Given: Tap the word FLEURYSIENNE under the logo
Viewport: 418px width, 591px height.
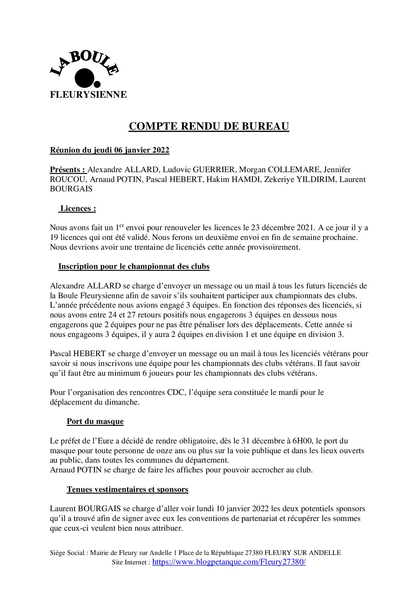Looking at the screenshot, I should pyautogui.click(x=88, y=95).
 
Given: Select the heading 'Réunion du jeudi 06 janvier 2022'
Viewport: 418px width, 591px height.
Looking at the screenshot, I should pyautogui.click(x=110, y=150).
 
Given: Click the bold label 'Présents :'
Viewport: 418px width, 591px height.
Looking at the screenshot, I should pyautogui.click(x=67, y=169).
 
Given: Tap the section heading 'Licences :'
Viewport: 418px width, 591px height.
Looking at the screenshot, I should pyautogui.click(x=78, y=209).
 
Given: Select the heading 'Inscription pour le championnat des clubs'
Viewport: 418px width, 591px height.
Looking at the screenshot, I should pyautogui.click(x=134, y=267).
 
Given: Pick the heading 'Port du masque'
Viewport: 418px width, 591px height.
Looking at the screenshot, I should pyautogui.click(x=95, y=422).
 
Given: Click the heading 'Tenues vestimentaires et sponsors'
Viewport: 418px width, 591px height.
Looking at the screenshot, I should pyautogui.click(x=127, y=489).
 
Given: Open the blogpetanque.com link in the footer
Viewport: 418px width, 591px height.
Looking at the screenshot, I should pyautogui.click(x=229, y=562).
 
